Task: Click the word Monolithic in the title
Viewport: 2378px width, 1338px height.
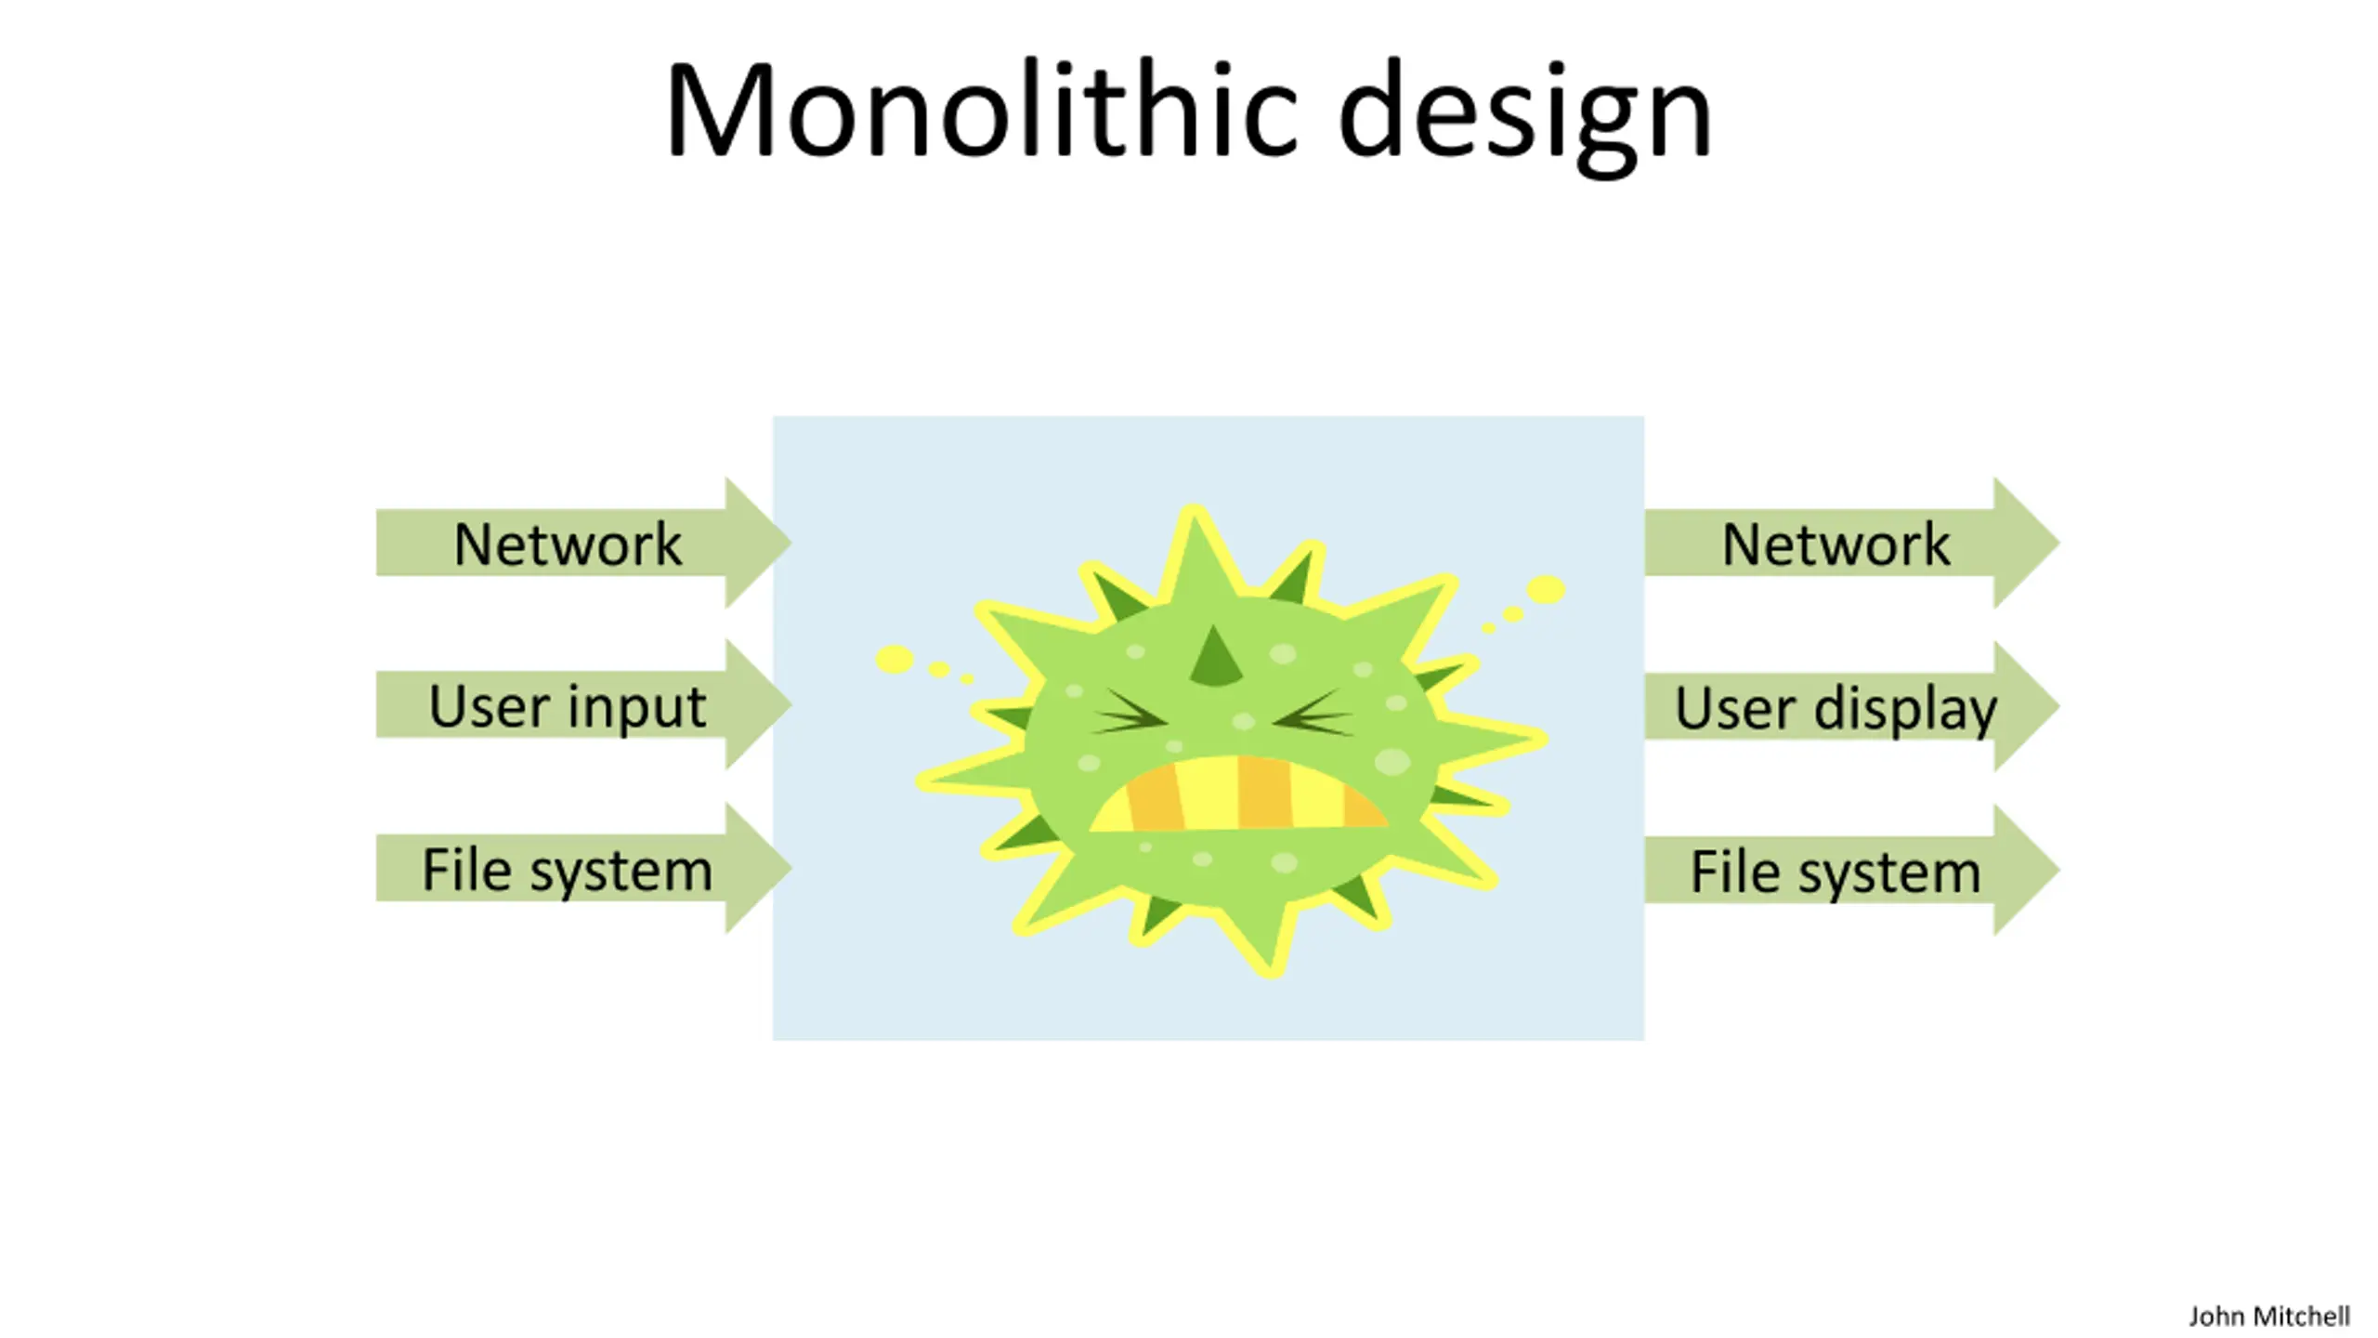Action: tap(980, 111)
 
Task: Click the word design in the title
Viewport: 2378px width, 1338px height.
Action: tap(1523, 116)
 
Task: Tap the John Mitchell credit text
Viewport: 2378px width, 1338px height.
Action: tap(2268, 1317)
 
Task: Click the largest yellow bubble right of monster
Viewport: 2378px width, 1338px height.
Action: tap(1546, 589)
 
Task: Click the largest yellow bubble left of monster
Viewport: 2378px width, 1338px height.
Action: tap(895, 659)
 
